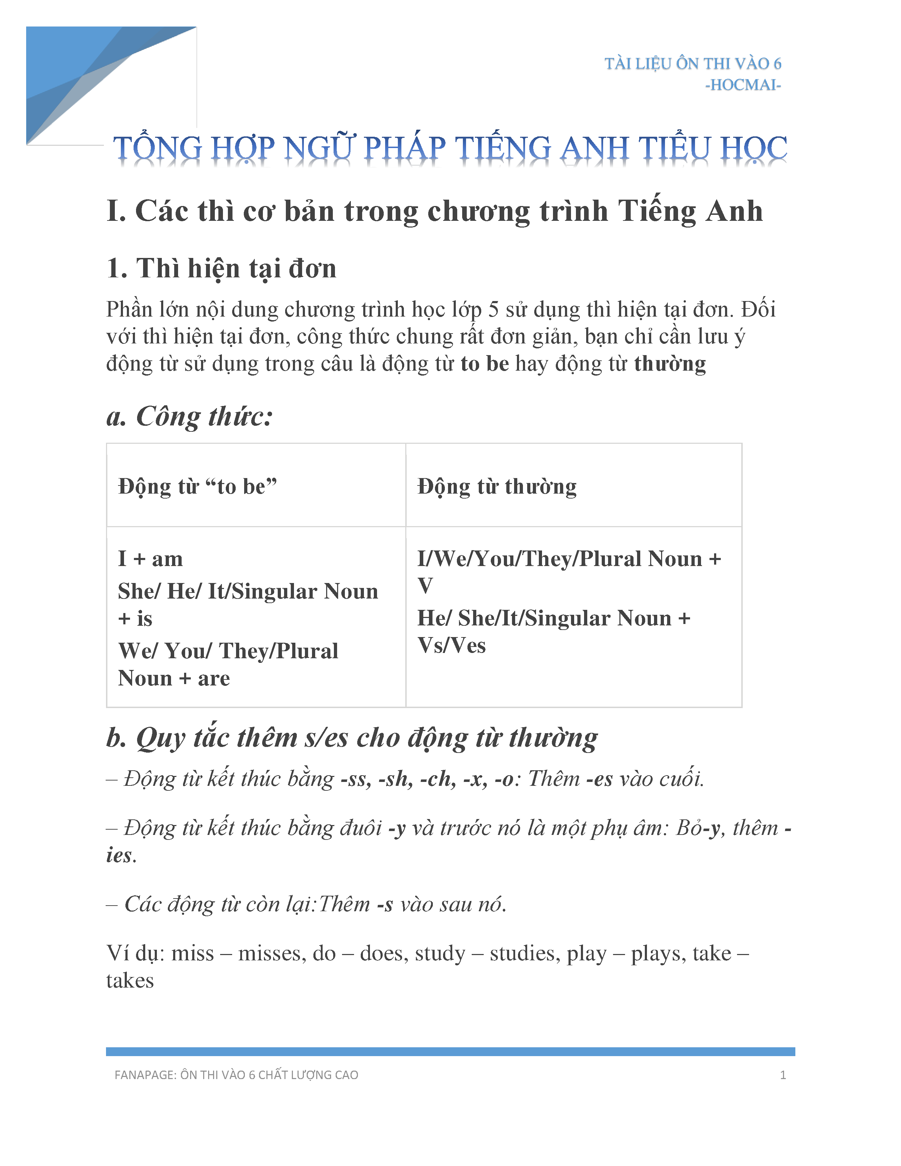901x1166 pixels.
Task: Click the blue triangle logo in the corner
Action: [80, 75]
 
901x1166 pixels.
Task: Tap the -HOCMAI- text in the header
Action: [743, 85]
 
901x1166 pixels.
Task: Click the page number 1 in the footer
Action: [783, 1075]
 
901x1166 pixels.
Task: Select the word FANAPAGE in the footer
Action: [145, 1075]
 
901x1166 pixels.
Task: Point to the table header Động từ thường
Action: [497, 487]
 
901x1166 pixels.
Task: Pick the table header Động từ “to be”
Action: [198, 487]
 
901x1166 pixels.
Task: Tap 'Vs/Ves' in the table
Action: [452, 646]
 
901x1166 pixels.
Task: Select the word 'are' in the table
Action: [214, 678]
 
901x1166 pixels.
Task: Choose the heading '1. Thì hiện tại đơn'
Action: [222, 268]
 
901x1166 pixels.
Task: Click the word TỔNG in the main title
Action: [158, 148]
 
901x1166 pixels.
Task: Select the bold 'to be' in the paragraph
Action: [485, 364]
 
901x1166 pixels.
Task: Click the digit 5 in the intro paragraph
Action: [494, 310]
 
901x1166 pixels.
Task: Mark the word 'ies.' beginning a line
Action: [121, 855]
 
